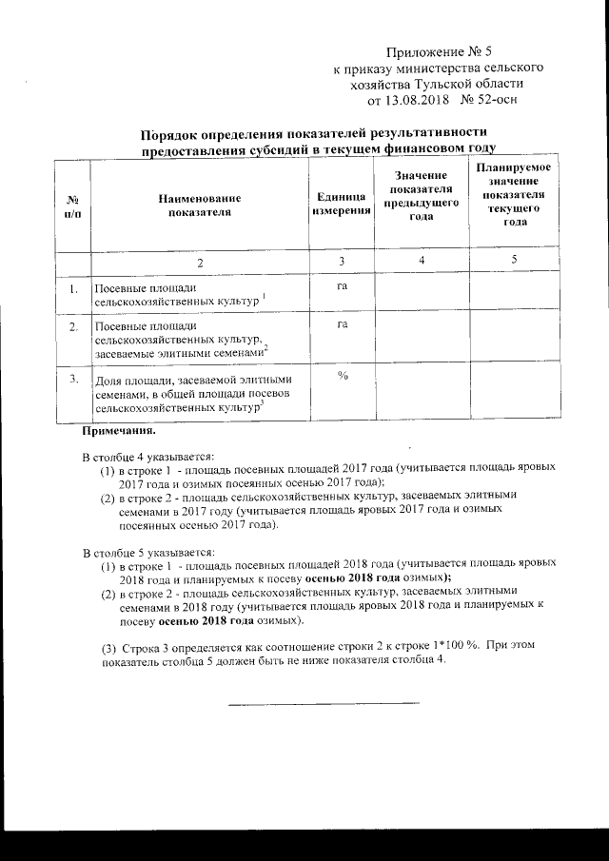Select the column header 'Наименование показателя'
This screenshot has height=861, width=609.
[x=200, y=205]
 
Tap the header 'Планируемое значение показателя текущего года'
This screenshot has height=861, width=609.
[x=515, y=194]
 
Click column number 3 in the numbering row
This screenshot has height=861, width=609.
[x=341, y=261]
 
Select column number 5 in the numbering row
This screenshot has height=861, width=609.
[x=514, y=261]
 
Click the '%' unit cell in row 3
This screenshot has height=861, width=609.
[x=341, y=376]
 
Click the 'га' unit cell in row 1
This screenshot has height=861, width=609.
[x=341, y=285]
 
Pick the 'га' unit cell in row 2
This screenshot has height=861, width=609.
[x=341, y=325]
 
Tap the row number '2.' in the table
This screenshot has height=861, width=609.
[x=72, y=327]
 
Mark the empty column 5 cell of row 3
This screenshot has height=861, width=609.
[x=515, y=391]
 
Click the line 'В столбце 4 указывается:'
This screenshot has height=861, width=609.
[x=147, y=458]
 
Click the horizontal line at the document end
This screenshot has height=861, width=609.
[x=323, y=704]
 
